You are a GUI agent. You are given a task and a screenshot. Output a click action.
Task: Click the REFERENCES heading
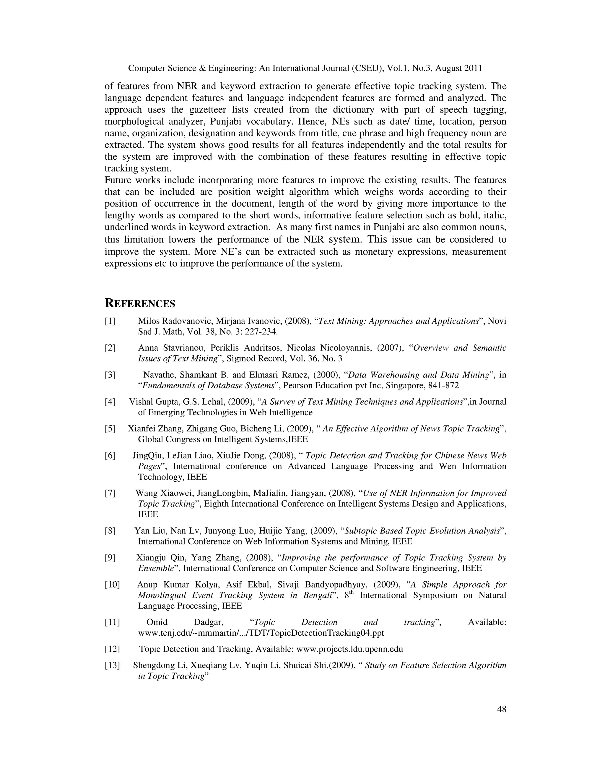pyautogui.click(x=140, y=303)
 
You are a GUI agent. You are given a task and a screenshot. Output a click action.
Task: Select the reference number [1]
pyautogui.click(x=110, y=321)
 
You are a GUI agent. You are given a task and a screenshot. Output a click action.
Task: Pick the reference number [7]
pyautogui.click(x=110, y=493)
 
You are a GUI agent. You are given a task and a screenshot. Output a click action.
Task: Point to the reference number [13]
pyautogui.click(x=112, y=665)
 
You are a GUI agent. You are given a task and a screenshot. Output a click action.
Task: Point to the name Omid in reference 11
pyautogui.click(x=157, y=622)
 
